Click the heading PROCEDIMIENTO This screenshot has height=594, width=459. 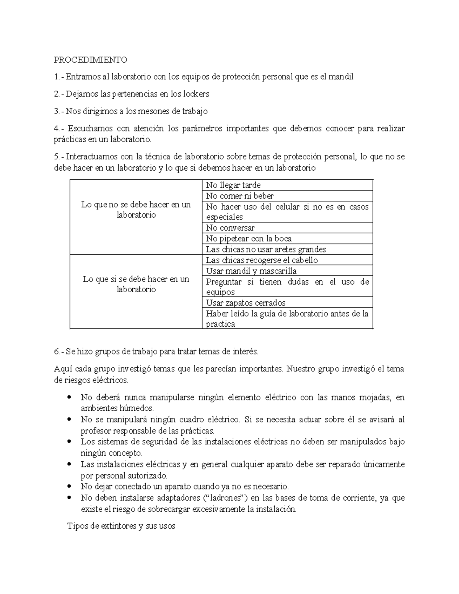(90, 60)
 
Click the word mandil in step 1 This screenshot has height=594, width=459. (341, 77)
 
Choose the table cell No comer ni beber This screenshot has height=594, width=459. (239, 196)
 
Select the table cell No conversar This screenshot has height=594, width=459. (230, 228)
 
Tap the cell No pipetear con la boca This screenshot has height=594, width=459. (249, 239)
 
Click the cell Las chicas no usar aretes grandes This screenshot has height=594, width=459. (266, 249)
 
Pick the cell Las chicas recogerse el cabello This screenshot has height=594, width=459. (262, 260)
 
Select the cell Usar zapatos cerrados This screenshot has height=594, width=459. (246, 303)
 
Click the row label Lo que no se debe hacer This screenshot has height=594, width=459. (136, 210)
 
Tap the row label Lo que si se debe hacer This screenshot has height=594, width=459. (136, 284)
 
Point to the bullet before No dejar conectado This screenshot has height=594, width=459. (69, 487)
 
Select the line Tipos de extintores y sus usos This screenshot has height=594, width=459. (121, 526)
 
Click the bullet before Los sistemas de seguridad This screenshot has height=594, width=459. (69, 442)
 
